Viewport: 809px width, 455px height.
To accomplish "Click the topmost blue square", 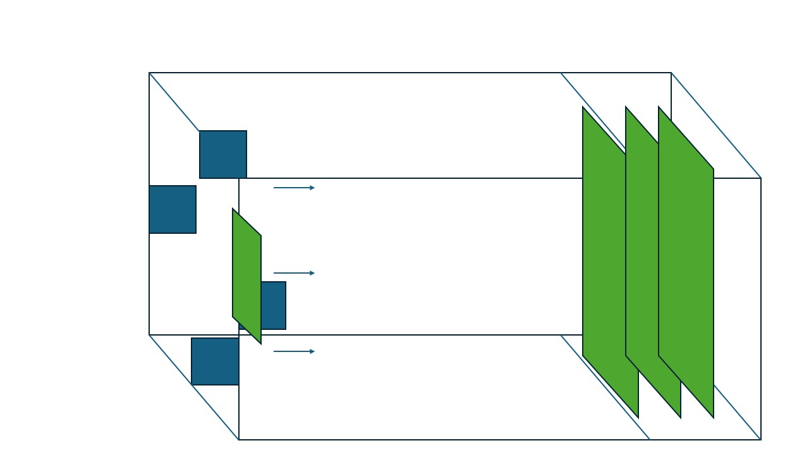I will click(223, 154).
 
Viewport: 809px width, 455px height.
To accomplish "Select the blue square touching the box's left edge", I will click(173, 209).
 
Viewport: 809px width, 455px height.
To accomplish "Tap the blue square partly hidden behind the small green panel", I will click(274, 306).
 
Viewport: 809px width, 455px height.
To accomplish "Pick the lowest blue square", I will click(215, 361).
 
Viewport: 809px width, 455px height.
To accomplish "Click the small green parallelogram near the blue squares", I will click(246, 276).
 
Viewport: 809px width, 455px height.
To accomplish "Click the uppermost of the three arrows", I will click(294, 188).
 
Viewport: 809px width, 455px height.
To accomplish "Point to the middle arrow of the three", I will click(294, 273).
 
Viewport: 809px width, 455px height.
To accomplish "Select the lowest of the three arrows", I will click(294, 351).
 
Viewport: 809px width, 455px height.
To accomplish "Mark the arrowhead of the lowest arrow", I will click(312, 351).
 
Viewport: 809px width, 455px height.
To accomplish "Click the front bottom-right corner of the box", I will click(761, 440).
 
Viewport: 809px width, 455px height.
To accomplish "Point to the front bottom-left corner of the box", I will click(239, 440).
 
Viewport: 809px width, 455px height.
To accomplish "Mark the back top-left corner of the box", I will click(149, 73).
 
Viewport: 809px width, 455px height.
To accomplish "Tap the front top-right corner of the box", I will click(761, 178).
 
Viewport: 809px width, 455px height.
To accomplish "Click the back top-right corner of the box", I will click(671, 73).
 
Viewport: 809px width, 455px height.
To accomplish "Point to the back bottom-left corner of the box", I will click(149, 335).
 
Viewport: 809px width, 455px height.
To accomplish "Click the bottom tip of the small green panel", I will click(260, 343).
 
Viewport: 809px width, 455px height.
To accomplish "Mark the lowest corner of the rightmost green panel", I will click(714, 417).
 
